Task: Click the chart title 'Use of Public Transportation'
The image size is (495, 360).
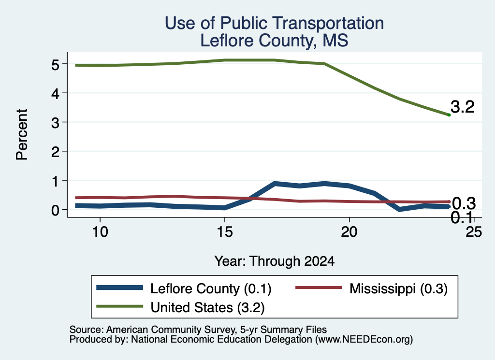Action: (x=275, y=23)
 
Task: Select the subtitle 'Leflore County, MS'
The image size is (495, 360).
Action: (x=275, y=41)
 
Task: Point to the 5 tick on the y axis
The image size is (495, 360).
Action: (x=55, y=65)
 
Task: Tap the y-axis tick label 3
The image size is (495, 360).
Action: (x=55, y=123)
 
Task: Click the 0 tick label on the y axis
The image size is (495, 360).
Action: (x=55, y=210)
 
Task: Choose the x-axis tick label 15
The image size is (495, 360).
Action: (x=225, y=232)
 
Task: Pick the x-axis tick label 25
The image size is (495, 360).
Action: (x=474, y=232)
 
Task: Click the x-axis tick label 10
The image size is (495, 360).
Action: (x=100, y=232)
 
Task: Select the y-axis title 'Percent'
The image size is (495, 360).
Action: (x=22, y=135)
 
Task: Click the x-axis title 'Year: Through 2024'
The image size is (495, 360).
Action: (x=275, y=261)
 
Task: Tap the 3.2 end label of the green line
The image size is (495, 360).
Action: (x=463, y=107)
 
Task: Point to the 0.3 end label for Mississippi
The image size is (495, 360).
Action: (x=464, y=203)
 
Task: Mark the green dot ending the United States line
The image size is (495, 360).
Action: (x=449, y=115)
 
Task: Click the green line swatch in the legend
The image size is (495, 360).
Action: (x=120, y=306)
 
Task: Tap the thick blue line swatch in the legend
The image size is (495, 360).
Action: (x=120, y=288)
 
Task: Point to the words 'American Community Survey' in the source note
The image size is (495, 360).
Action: (x=171, y=330)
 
